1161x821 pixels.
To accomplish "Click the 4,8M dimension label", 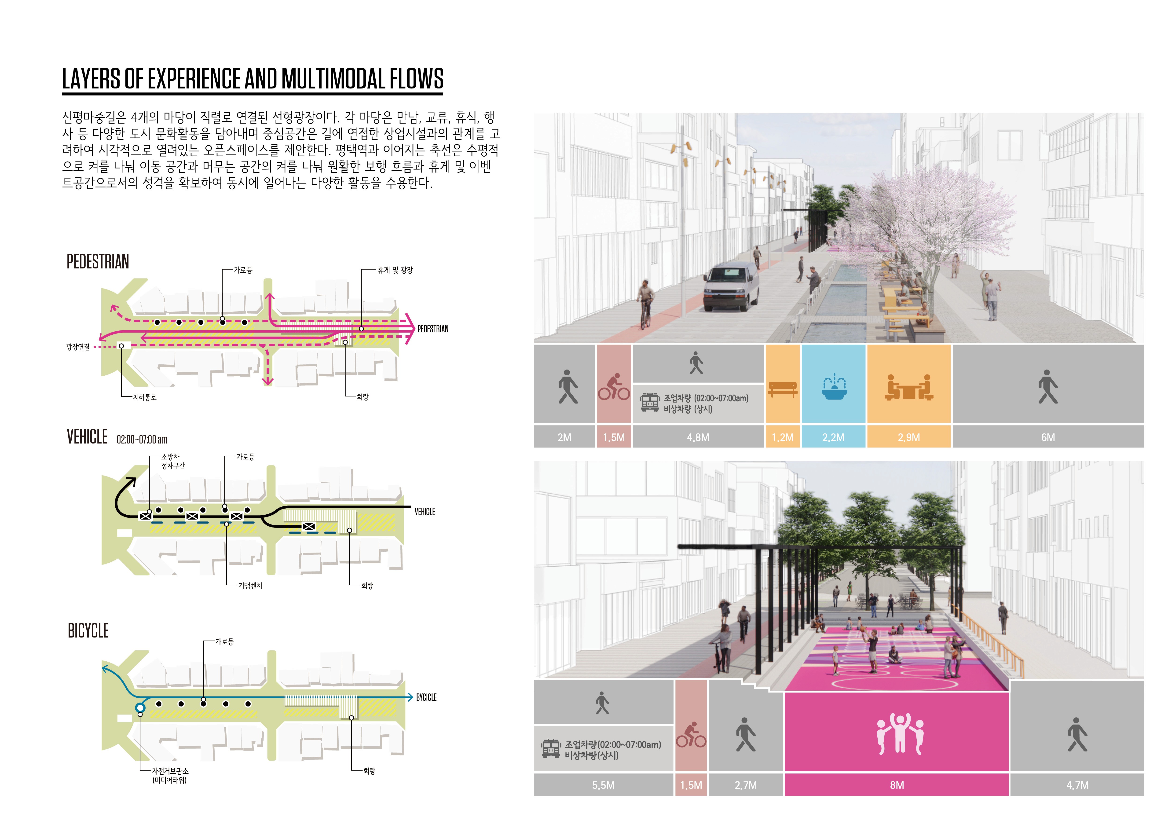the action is [x=698, y=437].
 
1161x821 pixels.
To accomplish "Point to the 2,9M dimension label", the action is [x=909, y=437].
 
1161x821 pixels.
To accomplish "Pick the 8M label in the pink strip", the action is [x=897, y=785].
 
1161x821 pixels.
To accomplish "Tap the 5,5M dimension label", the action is [x=603, y=785].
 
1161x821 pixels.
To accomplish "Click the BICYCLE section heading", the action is [x=88, y=631].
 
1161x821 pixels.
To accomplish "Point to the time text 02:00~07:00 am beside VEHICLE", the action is [x=142, y=439].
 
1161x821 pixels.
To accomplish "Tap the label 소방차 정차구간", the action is [x=172, y=461].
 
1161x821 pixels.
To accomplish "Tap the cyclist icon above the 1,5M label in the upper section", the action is [x=614, y=387].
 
